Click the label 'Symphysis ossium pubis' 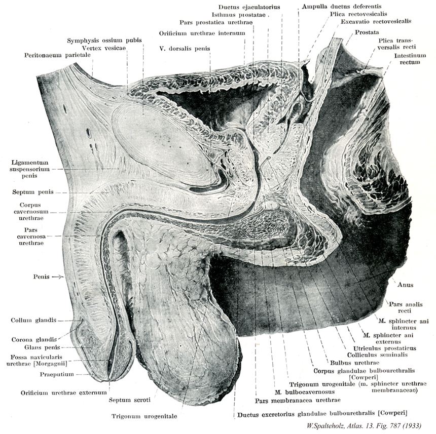[105, 40]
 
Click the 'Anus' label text [406, 285]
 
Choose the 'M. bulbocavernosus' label [299, 391]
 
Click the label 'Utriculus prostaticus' [390, 348]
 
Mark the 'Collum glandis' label [33, 320]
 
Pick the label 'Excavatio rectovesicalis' [375, 22]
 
